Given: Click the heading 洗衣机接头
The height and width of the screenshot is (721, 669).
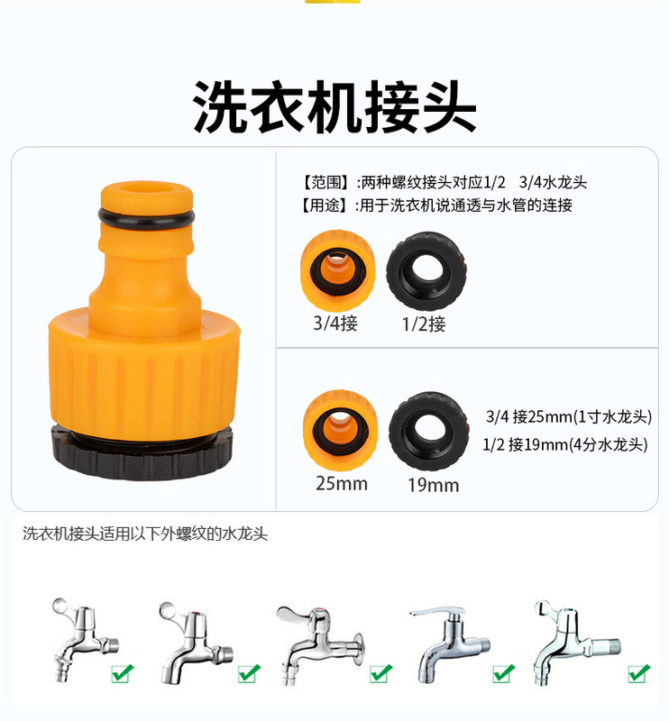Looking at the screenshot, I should pos(334,108).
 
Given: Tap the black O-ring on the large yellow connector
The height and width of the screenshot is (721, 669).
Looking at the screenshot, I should pos(145,220).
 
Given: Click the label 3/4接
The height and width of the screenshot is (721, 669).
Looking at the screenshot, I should pos(335,323).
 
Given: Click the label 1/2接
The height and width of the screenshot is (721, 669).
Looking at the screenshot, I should pos(424,324).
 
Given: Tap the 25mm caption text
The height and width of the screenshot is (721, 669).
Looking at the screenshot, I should pos(342,483).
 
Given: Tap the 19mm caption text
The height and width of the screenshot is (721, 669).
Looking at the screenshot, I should pos(433,485).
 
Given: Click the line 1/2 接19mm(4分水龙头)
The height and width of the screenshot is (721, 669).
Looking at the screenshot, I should pos(564,444).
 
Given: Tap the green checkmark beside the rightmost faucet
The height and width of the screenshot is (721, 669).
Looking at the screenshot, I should pos(638,672).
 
